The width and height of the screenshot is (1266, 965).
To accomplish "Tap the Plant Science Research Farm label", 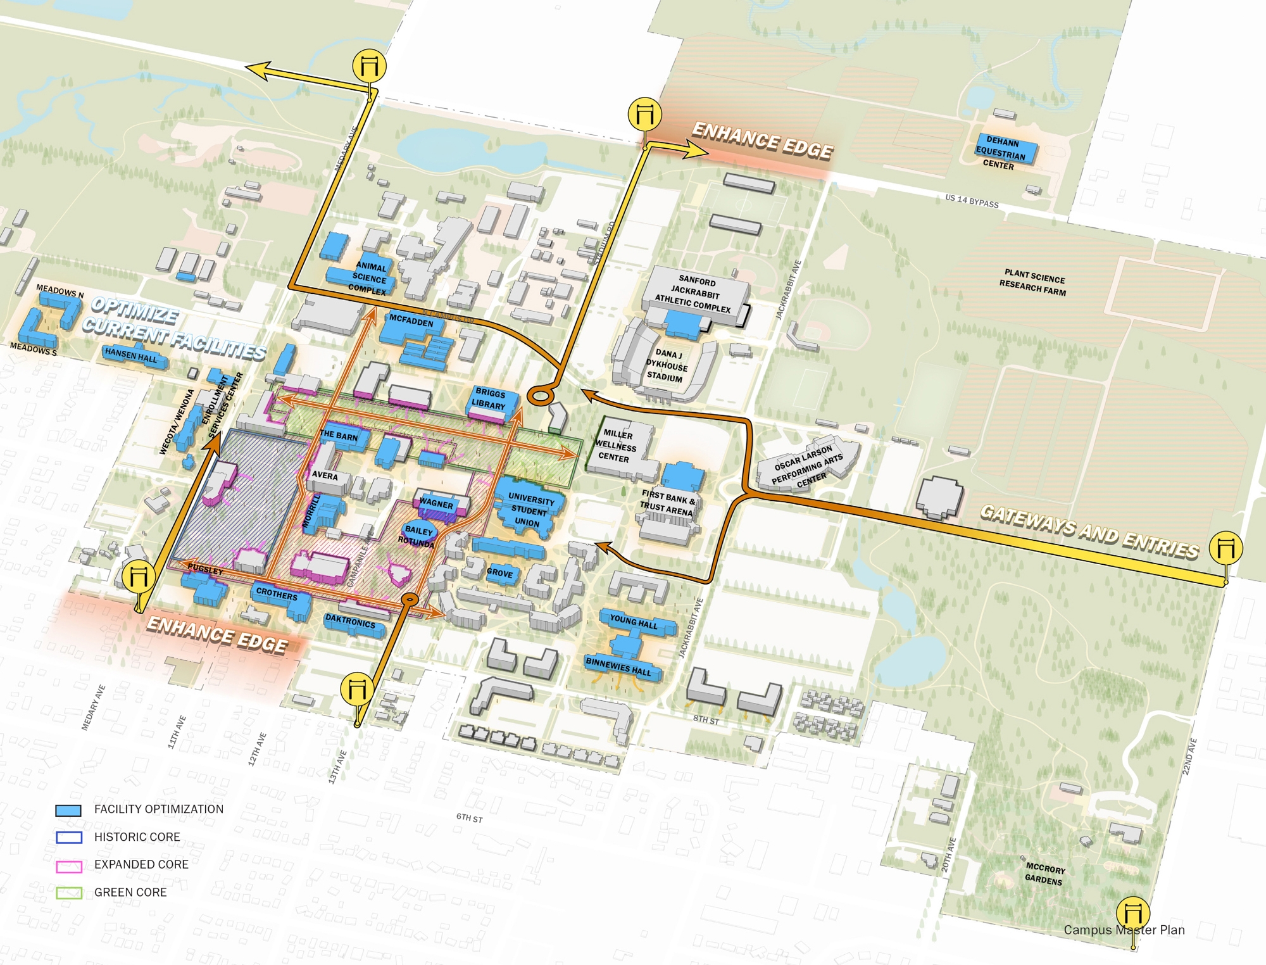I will coord(1033,282).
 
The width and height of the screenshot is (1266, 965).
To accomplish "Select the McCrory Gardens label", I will coord(1044,874).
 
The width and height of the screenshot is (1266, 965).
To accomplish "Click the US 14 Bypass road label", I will coord(972,201).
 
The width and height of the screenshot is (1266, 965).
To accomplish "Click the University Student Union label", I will coord(530,510).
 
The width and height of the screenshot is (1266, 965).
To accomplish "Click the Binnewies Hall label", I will coord(618,667).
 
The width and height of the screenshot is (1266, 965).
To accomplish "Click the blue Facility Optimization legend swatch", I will coord(68,810).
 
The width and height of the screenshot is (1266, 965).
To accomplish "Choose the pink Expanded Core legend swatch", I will coord(68,866).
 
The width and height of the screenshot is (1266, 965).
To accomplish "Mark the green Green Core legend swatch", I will coord(68,893).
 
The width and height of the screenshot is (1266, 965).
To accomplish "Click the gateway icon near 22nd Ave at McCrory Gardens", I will coord(1132,912).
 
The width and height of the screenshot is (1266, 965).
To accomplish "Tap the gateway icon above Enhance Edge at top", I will coord(644,115).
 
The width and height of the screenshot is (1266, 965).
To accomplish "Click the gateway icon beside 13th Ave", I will coord(357,689).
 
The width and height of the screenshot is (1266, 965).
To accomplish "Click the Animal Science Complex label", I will coord(369,279).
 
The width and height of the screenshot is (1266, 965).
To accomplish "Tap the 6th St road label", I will coord(469,818).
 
